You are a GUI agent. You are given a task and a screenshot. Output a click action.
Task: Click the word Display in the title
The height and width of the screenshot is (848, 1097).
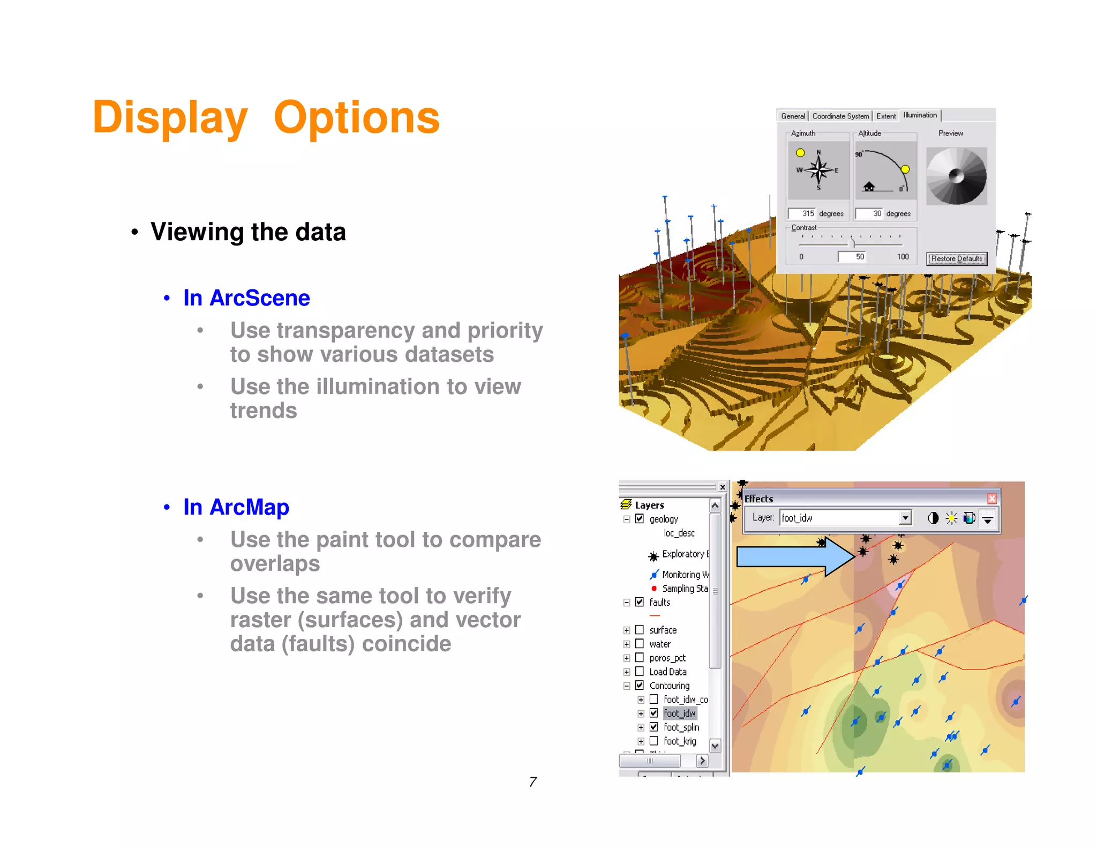(x=170, y=117)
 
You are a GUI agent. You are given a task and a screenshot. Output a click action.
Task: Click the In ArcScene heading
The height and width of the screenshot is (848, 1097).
(x=246, y=298)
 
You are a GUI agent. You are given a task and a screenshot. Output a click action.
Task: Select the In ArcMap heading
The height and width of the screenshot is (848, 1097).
(x=236, y=507)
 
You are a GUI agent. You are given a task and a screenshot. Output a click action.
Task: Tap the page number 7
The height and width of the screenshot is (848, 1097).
(x=532, y=782)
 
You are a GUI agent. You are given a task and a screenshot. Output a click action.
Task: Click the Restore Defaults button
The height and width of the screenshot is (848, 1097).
(x=957, y=259)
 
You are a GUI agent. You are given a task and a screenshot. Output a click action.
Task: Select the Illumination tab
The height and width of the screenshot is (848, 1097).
(x=920, y=115)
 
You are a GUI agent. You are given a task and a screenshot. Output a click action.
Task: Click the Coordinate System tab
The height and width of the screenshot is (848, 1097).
(x=840, y=116)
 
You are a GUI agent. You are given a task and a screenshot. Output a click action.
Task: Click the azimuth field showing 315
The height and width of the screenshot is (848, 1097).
(x=802, y=214)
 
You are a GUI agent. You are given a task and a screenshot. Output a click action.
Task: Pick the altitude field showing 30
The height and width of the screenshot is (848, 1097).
(x=869, y=214)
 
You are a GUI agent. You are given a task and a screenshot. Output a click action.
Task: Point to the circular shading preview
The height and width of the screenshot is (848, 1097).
(x=957, y=176)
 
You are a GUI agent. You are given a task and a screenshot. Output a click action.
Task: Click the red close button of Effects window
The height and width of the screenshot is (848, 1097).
(x=992, y=499)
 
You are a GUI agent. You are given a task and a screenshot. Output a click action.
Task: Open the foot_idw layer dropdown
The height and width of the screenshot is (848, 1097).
(x=905, y=518)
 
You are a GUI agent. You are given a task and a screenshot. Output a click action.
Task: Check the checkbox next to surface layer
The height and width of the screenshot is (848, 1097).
(x=640, y=630)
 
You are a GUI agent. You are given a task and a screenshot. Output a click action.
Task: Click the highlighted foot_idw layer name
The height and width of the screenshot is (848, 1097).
(x=680, y=713)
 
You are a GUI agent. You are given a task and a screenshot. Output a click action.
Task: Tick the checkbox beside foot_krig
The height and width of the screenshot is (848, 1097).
(x=653, y=741)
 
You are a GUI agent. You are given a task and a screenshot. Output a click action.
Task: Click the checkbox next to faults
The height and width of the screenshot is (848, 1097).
(x=640, y=602)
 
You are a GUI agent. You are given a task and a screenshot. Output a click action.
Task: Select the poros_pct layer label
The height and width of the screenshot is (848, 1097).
(x=667, y=658)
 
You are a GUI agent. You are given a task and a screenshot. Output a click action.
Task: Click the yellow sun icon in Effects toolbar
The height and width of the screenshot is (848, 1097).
(x=951, y=518)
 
